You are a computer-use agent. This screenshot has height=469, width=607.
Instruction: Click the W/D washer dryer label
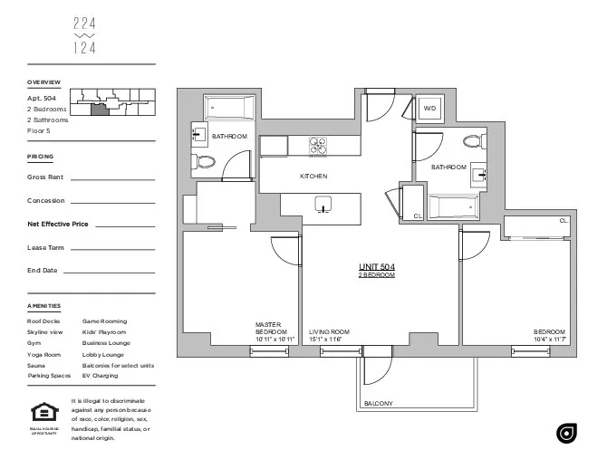click(x=429, y=108)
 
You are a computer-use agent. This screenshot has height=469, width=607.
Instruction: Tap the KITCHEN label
click(x=313, y=176)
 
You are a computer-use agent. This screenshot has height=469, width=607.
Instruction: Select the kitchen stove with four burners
click(x=317, y=146)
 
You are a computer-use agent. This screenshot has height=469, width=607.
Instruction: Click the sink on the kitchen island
click(x=323, y=205)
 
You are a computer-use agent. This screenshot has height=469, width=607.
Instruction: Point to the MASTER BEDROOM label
click(x=271, y=329)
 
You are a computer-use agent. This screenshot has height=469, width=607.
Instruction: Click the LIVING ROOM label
click(x=329, y=332)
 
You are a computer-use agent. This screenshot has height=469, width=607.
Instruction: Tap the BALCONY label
click(x=378, y=403)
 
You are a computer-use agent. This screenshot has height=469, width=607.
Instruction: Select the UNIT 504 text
click(x=376, y=266)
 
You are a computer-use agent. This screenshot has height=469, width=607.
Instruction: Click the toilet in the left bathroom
click(x=204, y=163)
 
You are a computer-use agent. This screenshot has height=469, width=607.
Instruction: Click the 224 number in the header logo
click(x=84, y=24)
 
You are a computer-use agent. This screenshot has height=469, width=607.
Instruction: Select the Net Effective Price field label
click(x=58, y=224)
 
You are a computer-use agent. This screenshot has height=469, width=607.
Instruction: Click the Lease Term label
click(x=45, y=247)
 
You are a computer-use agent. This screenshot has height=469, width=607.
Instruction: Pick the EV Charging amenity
click(x=100, y=375)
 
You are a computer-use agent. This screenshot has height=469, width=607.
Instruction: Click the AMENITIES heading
click(x=44, y=306)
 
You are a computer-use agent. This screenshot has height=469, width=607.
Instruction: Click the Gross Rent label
click(x=45, y=177)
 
